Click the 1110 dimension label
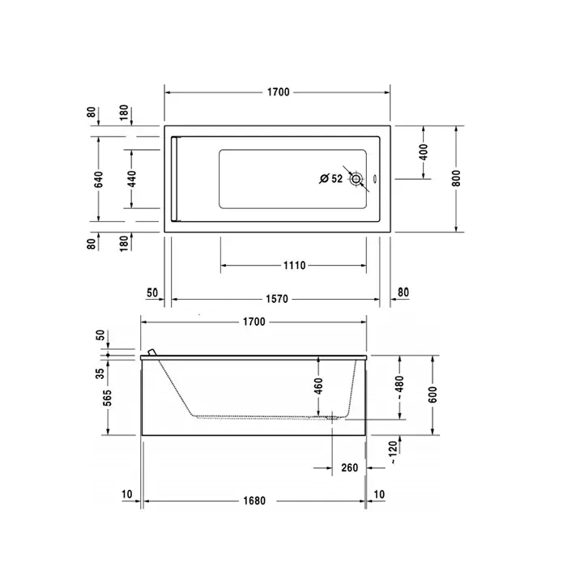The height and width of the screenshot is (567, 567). [294, 266]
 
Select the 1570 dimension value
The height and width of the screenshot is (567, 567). [277, 299]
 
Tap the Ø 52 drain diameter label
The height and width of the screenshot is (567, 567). [330, 179]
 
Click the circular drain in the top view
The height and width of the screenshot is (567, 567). [356, 179]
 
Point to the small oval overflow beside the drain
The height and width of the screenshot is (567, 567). [375, 179]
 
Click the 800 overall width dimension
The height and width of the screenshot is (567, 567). [456, 178]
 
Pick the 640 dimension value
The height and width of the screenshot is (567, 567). [98, 179]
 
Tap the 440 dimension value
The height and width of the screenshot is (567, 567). [131, 179]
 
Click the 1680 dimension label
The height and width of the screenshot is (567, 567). [254, 501]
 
